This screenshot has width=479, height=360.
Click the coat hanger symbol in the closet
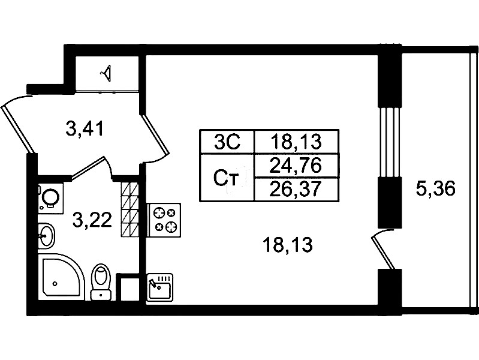tap(106, 73)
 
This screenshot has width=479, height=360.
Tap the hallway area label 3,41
tap(85, 128)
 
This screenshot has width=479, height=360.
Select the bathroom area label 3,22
tap(92, 220)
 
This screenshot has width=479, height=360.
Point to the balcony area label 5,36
tap(436, 188)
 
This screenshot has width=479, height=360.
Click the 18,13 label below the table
tap(288, 245)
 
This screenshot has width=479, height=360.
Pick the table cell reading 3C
tap(227, 142)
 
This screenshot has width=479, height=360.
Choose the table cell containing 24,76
tap(296, 166)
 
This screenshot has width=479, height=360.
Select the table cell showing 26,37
tap(296, 190)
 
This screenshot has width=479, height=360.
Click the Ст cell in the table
tap(227, 178)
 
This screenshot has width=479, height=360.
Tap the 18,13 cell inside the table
tap(296, 142)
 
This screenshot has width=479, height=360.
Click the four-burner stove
tap(164, 220)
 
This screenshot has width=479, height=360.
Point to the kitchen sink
tap(160, 287)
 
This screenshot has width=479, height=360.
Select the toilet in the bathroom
tap(101, 281)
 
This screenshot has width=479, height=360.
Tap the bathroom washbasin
tap(46, 235)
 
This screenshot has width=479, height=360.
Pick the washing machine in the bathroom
tap(50, 198)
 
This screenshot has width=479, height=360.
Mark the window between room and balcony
tap(390, 142)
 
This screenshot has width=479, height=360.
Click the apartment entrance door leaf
tap(17, 129)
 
